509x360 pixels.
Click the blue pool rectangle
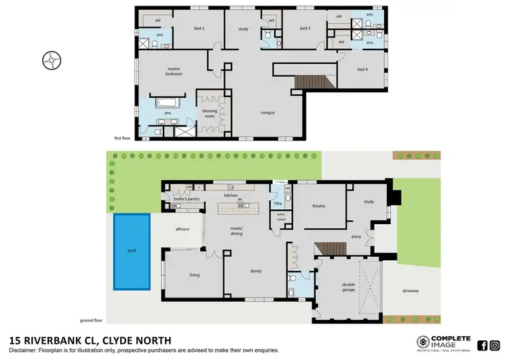[x=132, y=250]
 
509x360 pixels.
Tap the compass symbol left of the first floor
[x=51, y=60]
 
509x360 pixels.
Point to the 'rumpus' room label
[x=267, y=113]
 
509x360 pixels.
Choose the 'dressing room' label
[x=209, y=113]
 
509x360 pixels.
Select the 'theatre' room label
[x=319, y=206]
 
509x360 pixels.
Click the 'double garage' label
[x=349, y=287]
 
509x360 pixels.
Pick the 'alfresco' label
[x=181, y=230]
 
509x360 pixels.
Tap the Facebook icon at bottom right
[x=483, y=344]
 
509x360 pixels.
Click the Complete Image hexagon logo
[x=423, y=342]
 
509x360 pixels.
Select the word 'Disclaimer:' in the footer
[x=24, y=350]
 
